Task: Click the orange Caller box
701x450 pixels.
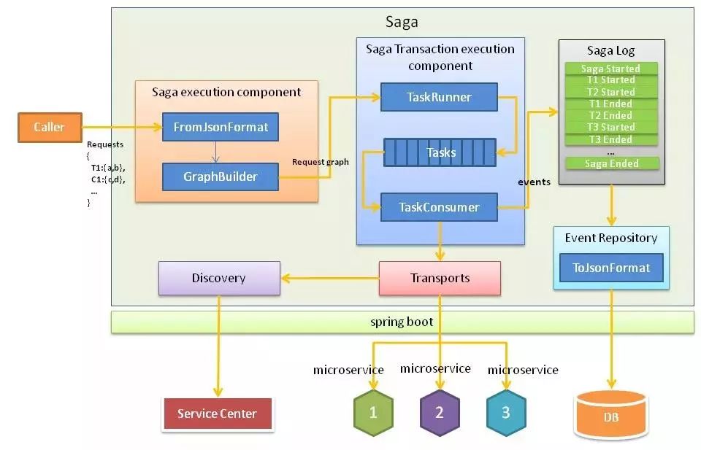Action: [x=49, y=128]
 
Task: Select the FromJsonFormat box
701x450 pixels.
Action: [x=220, y=128]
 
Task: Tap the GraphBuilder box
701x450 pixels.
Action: [x=220, y=176]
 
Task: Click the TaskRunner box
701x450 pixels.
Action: [x=438, y=96]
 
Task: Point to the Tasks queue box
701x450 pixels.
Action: [x=440, y=152]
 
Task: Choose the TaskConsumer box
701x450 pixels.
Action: [x=439, y=207]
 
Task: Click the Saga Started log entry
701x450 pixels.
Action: [x=611, y=69]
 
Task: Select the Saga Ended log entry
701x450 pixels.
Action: [x=611, y=163]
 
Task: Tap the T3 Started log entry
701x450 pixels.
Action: [x=611, y=127]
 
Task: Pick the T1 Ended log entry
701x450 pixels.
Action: [x=611, y=104]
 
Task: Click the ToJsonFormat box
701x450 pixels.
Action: [x=611, y=268]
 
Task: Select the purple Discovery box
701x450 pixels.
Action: [x=219, y=278]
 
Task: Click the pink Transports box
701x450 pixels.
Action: [x=440, y=278]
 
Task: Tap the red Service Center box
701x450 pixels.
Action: [x=218, y=414]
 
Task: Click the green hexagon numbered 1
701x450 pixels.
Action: [x=373, y=413]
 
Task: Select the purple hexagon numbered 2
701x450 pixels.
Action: [x=440, y=413]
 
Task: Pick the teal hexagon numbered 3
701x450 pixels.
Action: [x=505, y=413]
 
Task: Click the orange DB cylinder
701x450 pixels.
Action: [x=611, y=416]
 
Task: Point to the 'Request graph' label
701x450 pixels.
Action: [x=320, y=161]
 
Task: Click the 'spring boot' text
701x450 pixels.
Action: [x=402, y=322]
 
